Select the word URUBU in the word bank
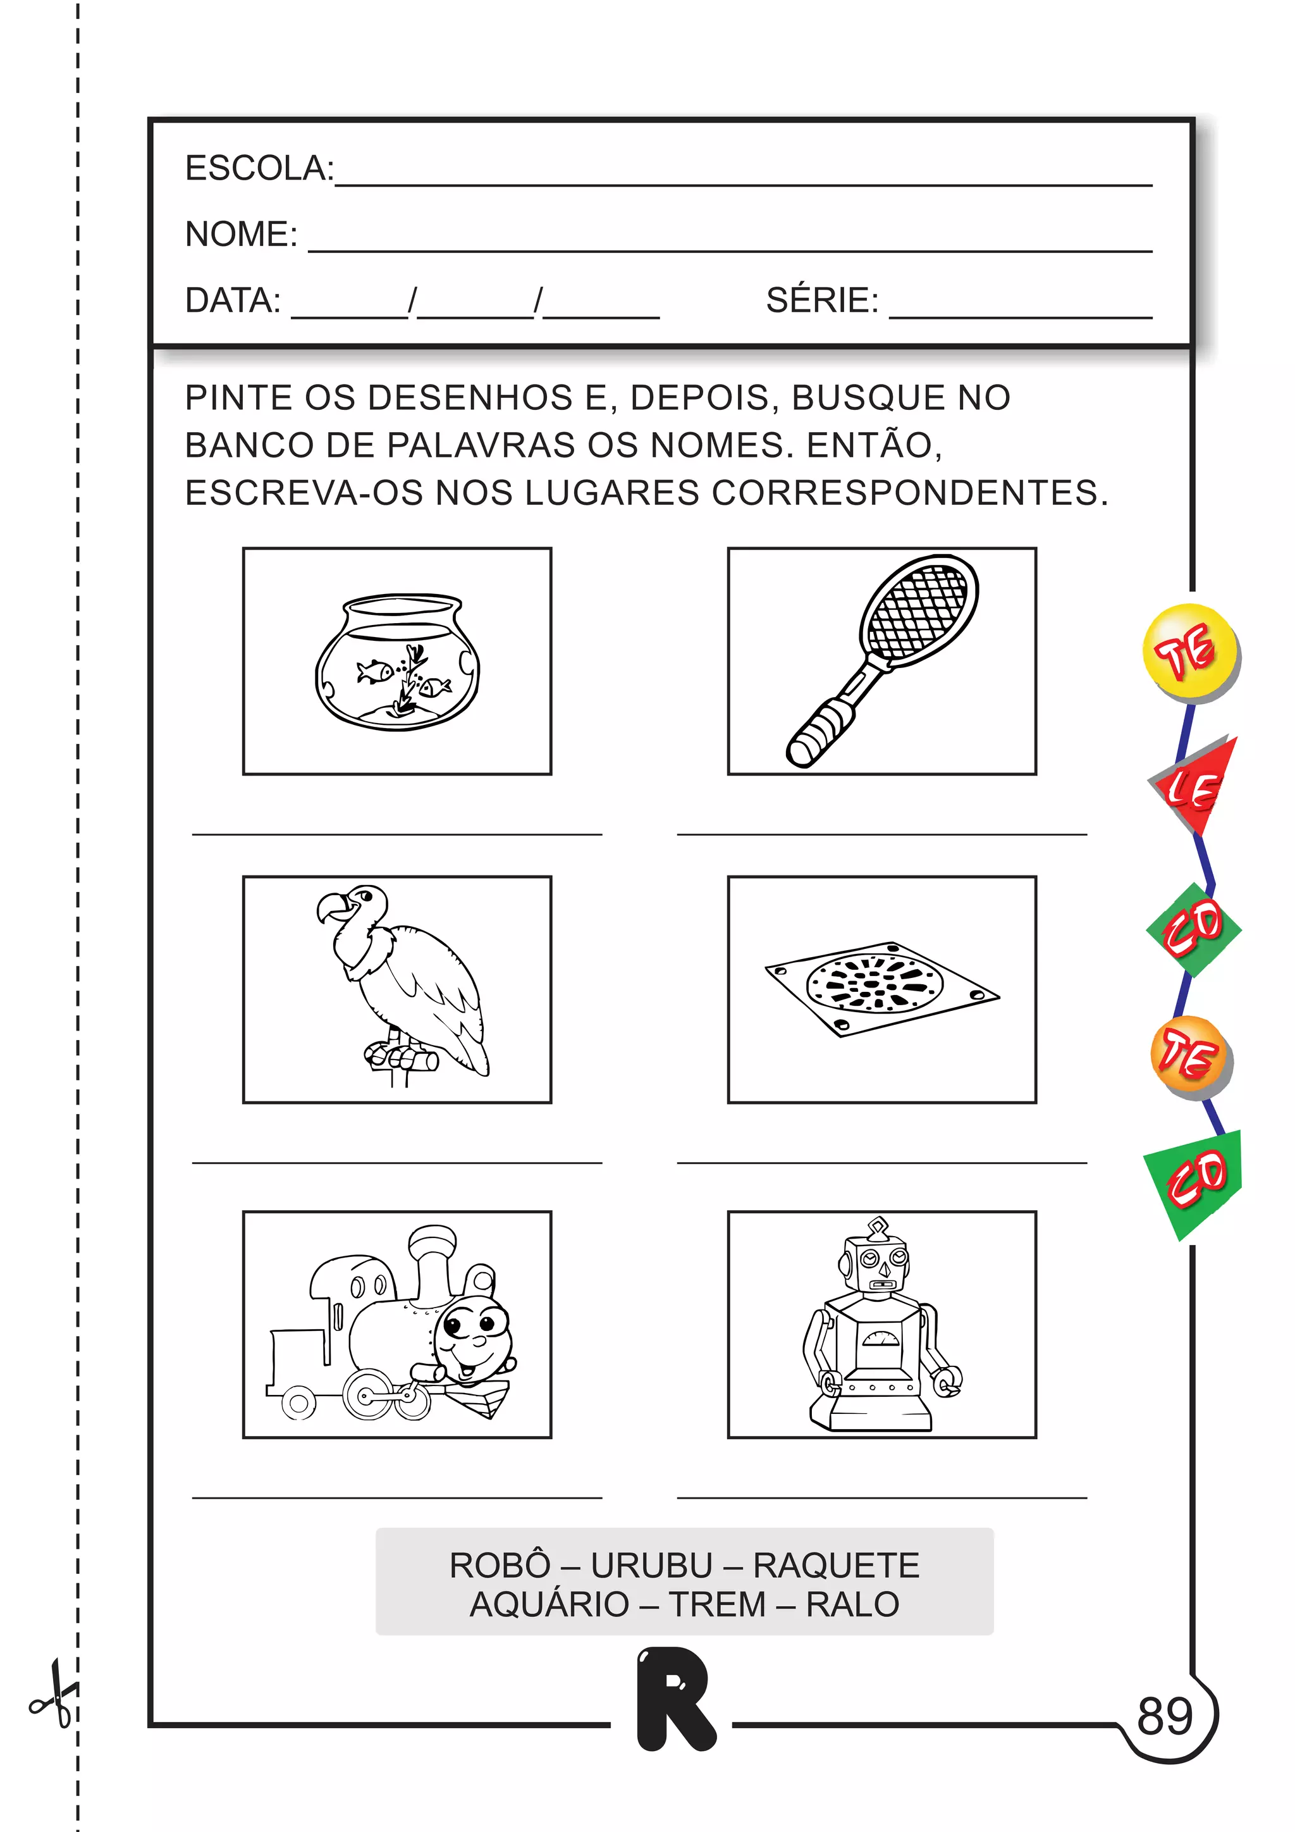point(651,1566)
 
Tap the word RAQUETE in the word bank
point(836,1566)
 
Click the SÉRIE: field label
point(821,301)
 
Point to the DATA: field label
point(232,301)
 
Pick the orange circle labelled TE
point(1191,1056)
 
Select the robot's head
point(876,1262)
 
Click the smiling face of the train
point(472,1335)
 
